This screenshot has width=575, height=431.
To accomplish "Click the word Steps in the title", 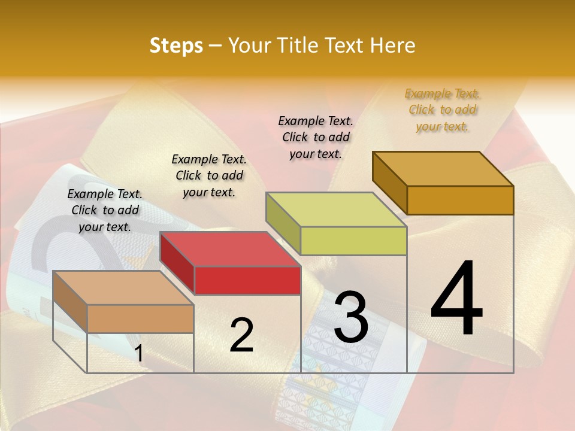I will pos(176,45).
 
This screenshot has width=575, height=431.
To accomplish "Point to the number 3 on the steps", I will pos(350,317).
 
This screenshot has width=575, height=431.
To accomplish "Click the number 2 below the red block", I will pos(241,335).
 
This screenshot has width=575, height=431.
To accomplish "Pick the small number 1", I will pos(139,353).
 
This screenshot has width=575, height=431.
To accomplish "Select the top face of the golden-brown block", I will pos(443,169).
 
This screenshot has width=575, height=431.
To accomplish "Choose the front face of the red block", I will pos(247,280).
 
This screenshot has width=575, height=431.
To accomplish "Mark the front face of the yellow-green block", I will pos(353,241).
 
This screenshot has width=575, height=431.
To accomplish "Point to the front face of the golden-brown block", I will pos(460,200).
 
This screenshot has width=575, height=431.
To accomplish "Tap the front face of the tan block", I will pos(141,318).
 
